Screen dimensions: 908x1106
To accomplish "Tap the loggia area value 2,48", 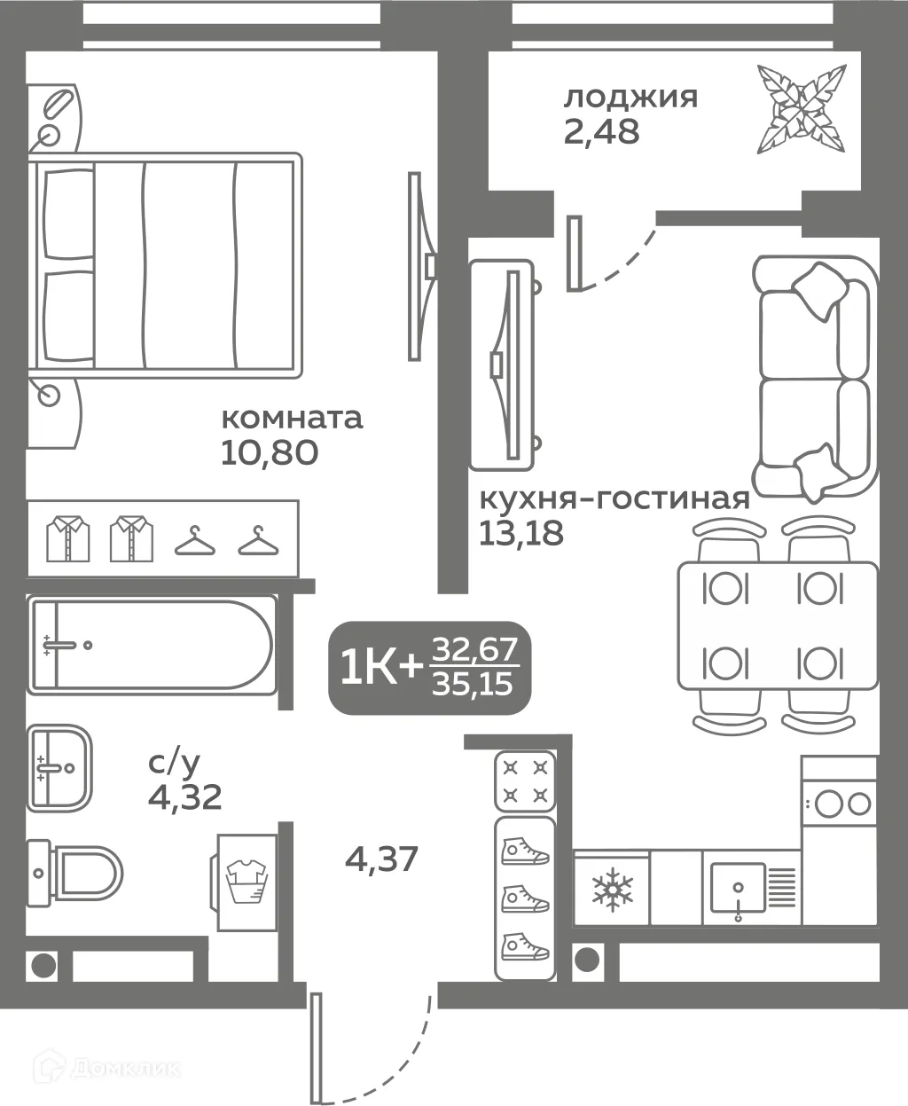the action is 601,131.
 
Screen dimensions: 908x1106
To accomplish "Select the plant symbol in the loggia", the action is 802,109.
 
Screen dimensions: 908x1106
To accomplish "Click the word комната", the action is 292,419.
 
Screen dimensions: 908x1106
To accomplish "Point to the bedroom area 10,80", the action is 270,452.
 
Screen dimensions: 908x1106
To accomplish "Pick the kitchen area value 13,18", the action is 521,533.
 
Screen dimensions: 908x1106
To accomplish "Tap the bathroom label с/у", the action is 174,763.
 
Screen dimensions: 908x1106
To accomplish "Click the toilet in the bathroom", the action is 74,875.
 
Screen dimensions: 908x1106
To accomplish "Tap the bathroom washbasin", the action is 59,768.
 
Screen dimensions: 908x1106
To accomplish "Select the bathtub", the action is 152,645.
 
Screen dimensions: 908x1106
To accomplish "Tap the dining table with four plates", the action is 778,625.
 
